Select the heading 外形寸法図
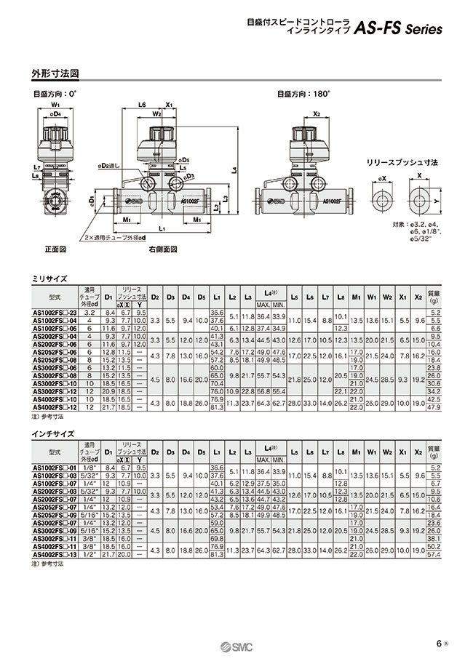[55, 73]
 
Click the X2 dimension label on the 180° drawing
[317, 113]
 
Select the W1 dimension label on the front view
[55, 105]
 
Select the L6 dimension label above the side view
[143, 105]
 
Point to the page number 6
[439, 644]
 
